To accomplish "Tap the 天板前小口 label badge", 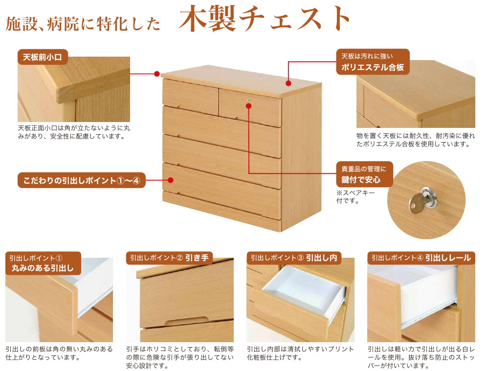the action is tap(43, 57).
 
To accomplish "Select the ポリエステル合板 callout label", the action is tap(373, 62).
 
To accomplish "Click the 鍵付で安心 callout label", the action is tap(364, 174).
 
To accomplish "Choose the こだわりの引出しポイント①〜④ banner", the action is tap(82, 180).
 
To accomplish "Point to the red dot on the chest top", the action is tap(289, 83).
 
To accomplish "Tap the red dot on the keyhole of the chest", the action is tap(248, 106).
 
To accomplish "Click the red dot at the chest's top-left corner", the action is tap(157, 74).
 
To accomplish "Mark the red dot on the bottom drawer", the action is tap(170, 180).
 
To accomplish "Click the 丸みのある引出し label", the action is tap(43, 268).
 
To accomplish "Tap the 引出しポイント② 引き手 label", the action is tap(169, 258).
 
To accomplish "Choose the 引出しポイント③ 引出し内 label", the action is tap(294, 258).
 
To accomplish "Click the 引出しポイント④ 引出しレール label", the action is tap(421, 258).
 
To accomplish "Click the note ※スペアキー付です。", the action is tap(355, 197).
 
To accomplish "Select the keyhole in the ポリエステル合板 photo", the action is tap(388, 109).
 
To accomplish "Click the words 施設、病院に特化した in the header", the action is tap(83, 24).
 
